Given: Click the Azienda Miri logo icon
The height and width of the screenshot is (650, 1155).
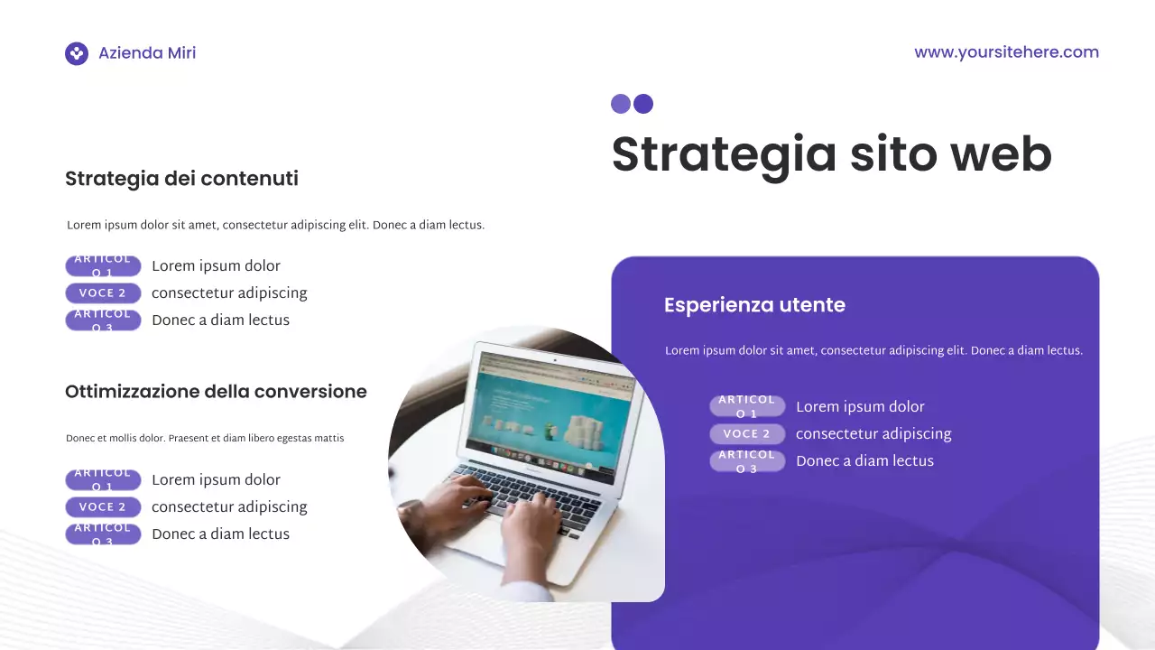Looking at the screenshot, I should [x=77, y=53].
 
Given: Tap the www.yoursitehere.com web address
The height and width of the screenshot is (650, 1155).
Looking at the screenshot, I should [x=1006, y=52].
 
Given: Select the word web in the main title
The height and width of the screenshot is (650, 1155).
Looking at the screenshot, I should [x=1002, y=154].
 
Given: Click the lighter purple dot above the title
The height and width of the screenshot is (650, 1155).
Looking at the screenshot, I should [x=621, y=104].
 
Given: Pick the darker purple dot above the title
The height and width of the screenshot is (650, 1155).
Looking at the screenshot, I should [x=643, y=104].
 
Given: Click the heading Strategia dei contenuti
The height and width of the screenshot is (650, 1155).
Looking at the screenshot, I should [x=181, y=179].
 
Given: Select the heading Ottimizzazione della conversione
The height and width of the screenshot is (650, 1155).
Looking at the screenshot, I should [x=216, y=392].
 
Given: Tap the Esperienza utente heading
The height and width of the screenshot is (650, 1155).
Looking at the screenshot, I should [x=754, y=305].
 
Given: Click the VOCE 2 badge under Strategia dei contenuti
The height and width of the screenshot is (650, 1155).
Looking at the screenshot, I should [x=103, y=293].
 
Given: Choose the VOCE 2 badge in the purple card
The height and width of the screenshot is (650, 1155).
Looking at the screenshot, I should [x=747, y=434].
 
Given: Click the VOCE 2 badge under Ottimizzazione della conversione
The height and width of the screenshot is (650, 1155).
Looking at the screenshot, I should [x=103, y=507].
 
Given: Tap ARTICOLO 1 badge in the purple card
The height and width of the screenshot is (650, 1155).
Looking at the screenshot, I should [x=747, y=406].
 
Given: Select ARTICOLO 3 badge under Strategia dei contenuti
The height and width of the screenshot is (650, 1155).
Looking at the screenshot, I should [x=103, y=320].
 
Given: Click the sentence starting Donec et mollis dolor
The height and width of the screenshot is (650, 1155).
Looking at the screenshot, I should [x=205, y=439].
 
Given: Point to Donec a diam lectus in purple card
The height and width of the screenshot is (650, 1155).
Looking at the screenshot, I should [x=864, y=461].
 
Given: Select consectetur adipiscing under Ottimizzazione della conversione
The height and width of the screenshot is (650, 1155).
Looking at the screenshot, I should [x=229, y=507].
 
